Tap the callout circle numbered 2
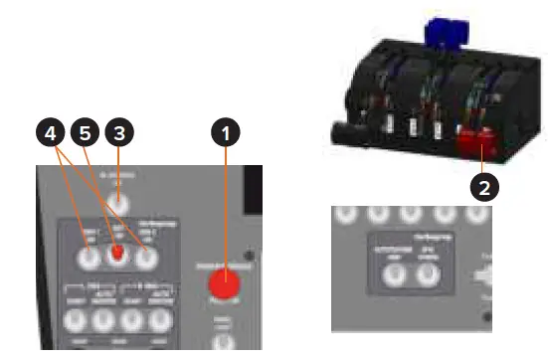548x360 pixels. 485,184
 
